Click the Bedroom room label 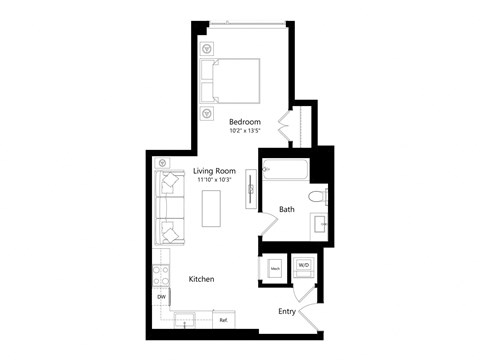pyautogui.click(x=244, y=121)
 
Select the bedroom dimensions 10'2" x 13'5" pyautogui.click(x=244, y=131)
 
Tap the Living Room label pyautogui.click(x=213, y=171)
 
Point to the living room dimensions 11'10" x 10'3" pyautogui.click(x=214, y=180)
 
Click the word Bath pyautogui.click(x=286, y=210)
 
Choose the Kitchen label pyautogui.click(x=203, y=280)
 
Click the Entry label pyautogui.click(x=287, y=312)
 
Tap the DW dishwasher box pyautogui.click(x=160, y=297)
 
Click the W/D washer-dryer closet pyautogui.click(x=303, y=267)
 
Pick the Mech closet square pyautogui.click(x=275, y=268)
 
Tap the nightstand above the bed pyautogui.click(x=207, y=48)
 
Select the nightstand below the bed pyautogui.click(x=207, y=112)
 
